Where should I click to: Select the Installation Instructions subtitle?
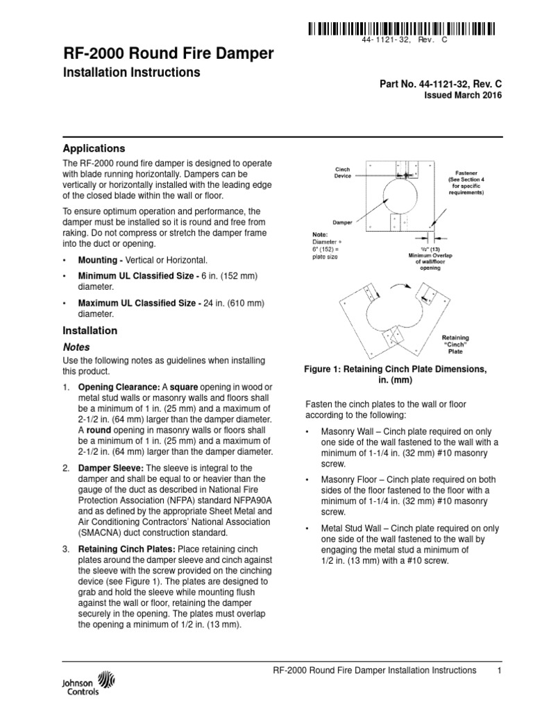tap(132, 72)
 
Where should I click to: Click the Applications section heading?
tap(94, 148)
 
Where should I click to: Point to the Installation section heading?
tap(90, 331)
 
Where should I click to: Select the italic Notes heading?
tap(76, 347)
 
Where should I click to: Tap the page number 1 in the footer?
tap(499, 670)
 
